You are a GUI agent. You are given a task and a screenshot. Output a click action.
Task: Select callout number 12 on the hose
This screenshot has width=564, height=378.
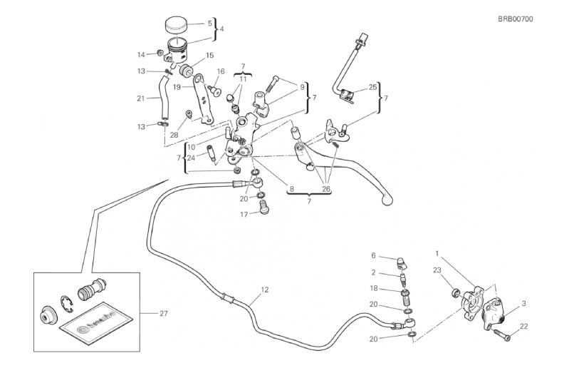(265, 290)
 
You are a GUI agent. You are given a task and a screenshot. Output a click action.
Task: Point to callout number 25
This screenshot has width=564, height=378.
(372, 88)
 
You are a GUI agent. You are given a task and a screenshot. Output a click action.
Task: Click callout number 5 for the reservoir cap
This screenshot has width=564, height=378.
(210, 23)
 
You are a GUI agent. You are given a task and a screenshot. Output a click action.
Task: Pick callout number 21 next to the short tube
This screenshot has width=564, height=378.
(141, 98)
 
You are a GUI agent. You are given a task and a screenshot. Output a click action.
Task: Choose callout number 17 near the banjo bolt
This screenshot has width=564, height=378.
(244, 214)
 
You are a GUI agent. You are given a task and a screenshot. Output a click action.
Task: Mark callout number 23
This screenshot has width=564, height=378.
(437, 270)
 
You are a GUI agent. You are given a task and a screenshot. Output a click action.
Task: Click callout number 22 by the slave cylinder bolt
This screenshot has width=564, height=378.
(524, 327)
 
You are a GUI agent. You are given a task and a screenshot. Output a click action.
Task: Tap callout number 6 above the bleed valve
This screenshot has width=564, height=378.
(372, 255)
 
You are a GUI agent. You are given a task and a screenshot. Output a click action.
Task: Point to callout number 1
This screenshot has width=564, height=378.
(438, 252)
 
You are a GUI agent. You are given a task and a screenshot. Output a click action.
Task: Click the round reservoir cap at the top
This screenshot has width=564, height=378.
(176, 26)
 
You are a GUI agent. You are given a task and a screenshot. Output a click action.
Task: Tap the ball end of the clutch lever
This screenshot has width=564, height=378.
(387, 201)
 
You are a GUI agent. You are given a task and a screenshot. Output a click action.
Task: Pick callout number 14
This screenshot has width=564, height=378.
(141, 54)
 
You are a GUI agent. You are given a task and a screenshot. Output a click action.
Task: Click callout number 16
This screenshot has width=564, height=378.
(221, 71)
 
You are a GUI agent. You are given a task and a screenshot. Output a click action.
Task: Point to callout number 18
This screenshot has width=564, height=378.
(372, 289)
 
